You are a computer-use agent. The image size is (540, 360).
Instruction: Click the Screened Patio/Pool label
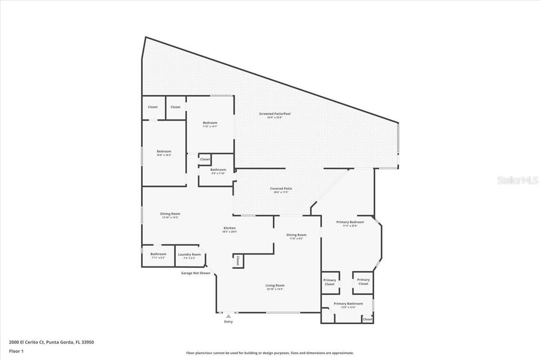tap(274, 114)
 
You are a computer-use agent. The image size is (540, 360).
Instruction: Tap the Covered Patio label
tap(281, 189)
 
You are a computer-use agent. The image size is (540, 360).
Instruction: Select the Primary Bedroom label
tap(350, 222)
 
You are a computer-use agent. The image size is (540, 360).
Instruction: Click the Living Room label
tap(274, 285)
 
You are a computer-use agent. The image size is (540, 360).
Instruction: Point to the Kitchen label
tap(229, 228)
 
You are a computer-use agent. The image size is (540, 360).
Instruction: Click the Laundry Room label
tap(189, 254)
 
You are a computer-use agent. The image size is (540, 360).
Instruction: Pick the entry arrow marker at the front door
tap(229, 316)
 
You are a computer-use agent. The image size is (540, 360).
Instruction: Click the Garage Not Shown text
tap(195, 273)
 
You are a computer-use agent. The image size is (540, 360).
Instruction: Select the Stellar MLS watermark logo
tap(517, 180)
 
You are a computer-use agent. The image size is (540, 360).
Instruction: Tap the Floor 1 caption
tap(16, 351)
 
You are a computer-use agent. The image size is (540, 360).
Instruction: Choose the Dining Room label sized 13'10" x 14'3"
tap(170, 214)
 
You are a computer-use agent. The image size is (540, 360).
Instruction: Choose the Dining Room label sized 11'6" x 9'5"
tap(296, 235)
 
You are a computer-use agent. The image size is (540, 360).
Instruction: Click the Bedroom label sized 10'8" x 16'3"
tap(164, 152)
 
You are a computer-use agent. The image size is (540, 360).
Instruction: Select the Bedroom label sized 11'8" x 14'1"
tap(210, 123)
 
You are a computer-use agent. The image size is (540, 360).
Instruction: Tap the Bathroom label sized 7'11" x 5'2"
tap(158, 254)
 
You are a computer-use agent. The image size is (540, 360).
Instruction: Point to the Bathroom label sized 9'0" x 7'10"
tap(218, 170)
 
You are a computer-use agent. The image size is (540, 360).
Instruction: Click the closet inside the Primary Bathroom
tap(368, 319)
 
